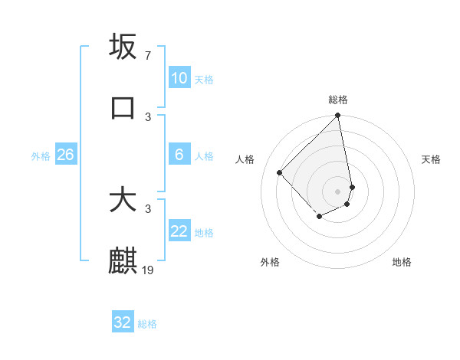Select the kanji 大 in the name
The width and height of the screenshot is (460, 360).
pyautogui.click(x=123, y=200)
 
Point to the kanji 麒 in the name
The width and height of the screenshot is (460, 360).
pyautogui.click(x=123, y=261)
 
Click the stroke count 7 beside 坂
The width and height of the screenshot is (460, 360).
pyautogui.click(x=148, y=56)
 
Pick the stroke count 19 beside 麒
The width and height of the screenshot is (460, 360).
pyautogui.click(x=149, y=270)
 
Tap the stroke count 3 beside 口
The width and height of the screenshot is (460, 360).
pyautogui.click(x=148, y=117)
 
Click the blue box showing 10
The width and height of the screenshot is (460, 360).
pyautogui.click(x=179, y=78)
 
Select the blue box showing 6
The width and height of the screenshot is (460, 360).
pyautogui.click(x=179, y=155)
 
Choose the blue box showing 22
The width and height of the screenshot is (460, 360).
pyautogui.click(x=179, y=231)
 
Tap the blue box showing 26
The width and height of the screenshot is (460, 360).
pyautogui.click(x=65, y=155)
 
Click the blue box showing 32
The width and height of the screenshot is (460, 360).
pyautogui.click(x=123, y=322)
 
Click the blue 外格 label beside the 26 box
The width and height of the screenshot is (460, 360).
pyautogui.click(x=41, y=156)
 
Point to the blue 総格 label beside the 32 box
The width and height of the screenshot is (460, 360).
pyautogui.click(x=147, y=324)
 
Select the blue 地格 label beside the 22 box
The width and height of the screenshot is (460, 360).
pyautogui.click(x=204, y=233)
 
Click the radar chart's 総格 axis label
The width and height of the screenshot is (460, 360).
pyautogui.click(x=338, y=100)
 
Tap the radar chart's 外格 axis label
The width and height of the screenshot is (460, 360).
pyautogui.click(x=270, y=262)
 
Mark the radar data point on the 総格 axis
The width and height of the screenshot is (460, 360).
pyautogui.click(x=338, y=116)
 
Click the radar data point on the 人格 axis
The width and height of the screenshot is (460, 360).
pyautogui.click(x=280, y=173)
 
